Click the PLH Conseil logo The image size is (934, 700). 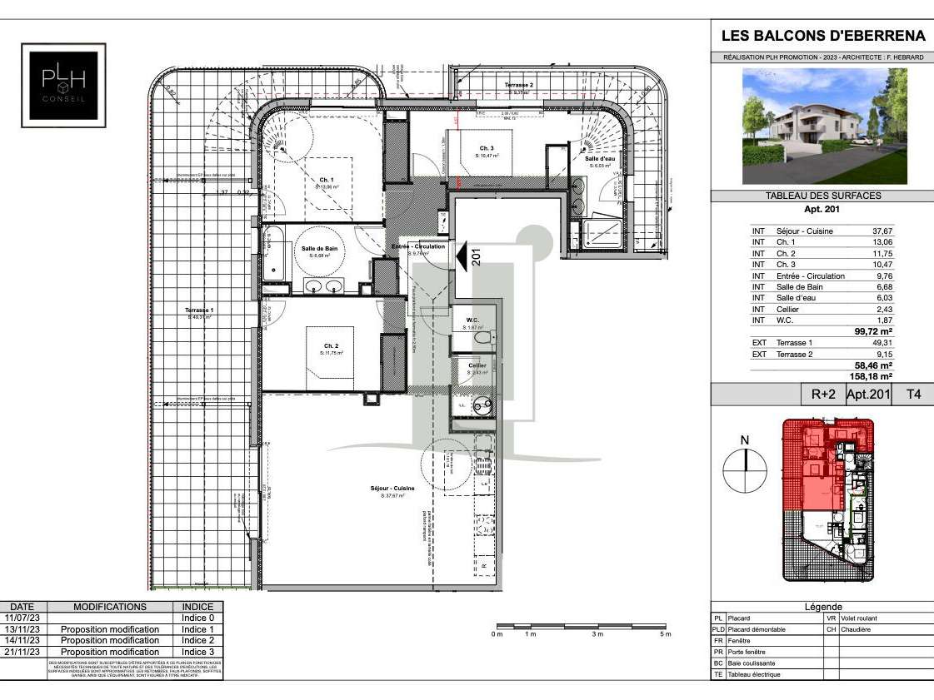click(x=63, y=85)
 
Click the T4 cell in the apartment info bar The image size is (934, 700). click(x=913, y=395)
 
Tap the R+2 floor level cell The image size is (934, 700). click(x=823, y=395)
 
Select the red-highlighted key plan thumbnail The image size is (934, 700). click(x=828, y=499)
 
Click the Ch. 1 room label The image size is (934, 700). click(x=326, y=180)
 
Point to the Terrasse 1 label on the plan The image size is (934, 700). click(x=199, y=310)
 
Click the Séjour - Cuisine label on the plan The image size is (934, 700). click(x=392, y=489)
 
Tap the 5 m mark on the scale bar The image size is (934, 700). click(x=665, y=634)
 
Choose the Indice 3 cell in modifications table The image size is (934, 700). click(x=197, y=652)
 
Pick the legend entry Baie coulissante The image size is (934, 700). click(x=757, y=663)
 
